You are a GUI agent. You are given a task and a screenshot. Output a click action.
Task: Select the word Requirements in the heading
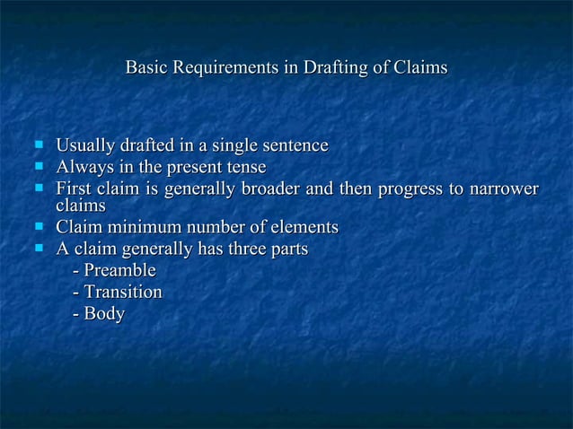click(225, 68)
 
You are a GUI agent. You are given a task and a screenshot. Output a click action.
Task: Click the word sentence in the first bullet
click(294, 145)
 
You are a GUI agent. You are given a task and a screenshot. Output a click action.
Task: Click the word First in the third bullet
click(74, 189)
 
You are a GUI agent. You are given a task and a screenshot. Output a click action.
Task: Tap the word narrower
click(503, 189)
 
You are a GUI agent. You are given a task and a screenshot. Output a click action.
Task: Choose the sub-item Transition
click(122, 292)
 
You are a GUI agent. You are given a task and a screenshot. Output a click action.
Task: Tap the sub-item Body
click(103, 314)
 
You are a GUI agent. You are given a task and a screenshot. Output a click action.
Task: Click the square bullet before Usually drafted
click(39, 144)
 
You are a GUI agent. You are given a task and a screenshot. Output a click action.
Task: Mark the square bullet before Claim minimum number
click(39, 225)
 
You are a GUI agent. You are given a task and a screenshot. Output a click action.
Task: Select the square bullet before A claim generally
click(39, 247)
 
